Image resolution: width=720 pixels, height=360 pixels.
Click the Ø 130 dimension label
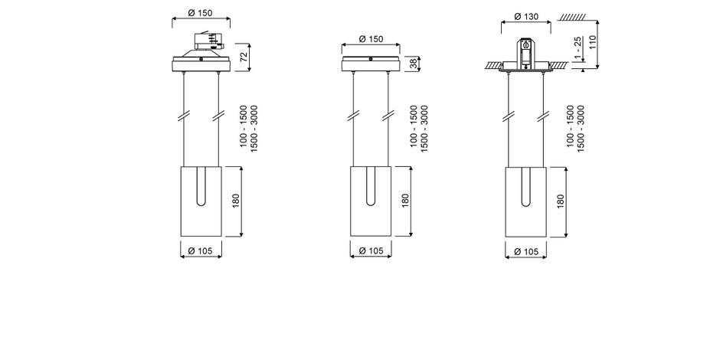[525, 17]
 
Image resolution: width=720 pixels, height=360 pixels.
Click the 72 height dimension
[244, 57]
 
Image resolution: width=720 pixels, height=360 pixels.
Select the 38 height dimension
[414, 64]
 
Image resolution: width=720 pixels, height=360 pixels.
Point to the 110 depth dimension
[592, 43]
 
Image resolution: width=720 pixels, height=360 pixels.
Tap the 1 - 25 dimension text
[578, 48]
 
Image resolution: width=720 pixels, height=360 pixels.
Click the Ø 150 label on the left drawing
[201, 13]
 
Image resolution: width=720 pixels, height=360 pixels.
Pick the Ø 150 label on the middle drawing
[371, 39]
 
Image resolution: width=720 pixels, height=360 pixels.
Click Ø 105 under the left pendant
[201, 250]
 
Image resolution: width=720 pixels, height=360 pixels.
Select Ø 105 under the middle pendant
[371, 250]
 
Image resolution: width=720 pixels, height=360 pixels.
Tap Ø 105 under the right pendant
[525, 251]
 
